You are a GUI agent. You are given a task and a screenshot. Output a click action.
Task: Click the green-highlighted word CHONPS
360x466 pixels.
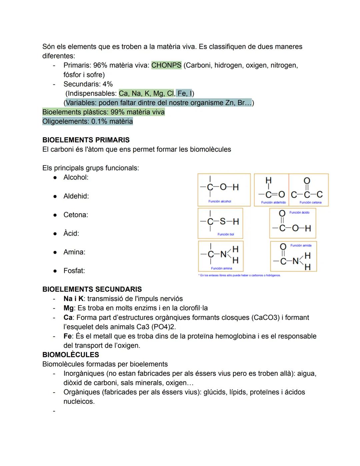pos(166,65)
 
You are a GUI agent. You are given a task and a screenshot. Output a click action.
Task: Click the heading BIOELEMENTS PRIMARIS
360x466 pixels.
pos(86,140)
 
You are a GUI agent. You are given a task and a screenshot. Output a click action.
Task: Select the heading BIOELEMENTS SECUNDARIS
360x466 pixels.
pos(92,290)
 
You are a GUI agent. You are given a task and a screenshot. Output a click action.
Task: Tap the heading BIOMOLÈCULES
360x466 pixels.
pos(71,355)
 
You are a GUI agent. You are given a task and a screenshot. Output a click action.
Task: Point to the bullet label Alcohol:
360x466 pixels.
pos(76,177)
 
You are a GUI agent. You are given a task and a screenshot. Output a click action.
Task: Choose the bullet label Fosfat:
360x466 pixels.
pos(74,271)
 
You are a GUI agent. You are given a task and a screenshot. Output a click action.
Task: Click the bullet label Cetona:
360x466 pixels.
pos(76,215)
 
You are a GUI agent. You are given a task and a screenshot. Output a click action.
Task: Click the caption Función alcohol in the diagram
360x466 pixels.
pos(220,201)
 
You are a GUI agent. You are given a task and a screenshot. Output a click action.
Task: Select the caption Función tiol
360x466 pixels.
pos(226,235)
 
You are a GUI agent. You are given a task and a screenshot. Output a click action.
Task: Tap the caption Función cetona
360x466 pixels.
pos(310,202)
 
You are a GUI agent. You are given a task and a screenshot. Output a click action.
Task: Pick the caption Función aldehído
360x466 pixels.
pos(273,202)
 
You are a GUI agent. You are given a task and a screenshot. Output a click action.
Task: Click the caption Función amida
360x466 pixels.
pos(301,246)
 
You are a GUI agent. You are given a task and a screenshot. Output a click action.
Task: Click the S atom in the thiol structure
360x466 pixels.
pos(222,222)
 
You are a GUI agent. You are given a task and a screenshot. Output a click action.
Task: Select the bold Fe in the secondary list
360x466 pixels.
pos(68,336)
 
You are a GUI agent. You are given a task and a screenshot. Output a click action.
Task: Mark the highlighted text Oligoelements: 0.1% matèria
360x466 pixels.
pos(88,121)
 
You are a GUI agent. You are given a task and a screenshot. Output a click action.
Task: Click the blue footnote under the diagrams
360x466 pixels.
pos(239,276)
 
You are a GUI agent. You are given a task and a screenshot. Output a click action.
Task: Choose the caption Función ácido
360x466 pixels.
pos(299,212)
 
